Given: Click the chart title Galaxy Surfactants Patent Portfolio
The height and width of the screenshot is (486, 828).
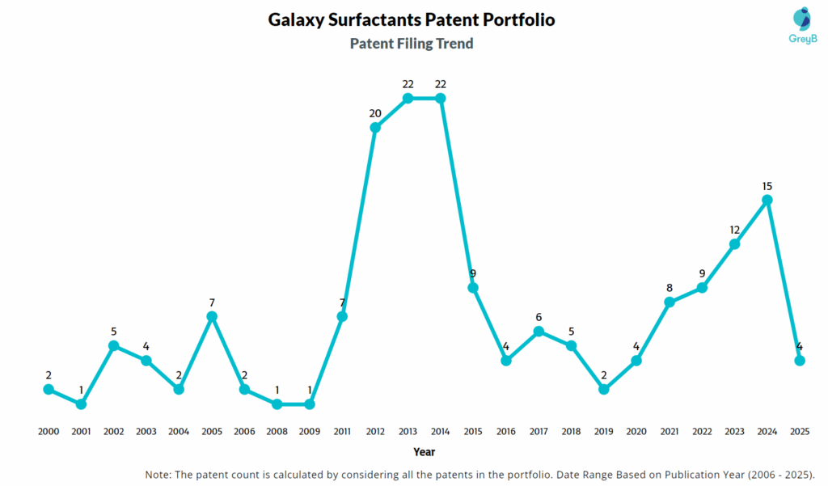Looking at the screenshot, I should [412, 19].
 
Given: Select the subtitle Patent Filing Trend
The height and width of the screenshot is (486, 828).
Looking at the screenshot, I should [412, 44].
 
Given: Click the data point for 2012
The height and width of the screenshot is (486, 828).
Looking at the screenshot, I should [375, 128].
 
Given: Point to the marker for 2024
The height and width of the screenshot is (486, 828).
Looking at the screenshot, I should [767, 200].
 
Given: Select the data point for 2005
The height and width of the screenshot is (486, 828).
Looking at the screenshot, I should [212, 316].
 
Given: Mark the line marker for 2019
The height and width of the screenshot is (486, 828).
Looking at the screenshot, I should [604, 389].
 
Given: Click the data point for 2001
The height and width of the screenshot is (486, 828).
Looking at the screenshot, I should [81, 404].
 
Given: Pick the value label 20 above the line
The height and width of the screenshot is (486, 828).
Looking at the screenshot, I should [375, 113].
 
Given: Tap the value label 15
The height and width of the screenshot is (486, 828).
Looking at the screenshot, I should [767, 186].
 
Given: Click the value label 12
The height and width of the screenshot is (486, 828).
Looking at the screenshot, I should [734, 229].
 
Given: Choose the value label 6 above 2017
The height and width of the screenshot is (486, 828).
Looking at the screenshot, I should [539, 317].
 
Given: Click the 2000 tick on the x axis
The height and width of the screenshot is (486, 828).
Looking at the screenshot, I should [49, 432].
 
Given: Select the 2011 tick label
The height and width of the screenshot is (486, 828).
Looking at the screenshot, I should [342, 432].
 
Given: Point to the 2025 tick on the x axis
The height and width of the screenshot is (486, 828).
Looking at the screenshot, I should [800, 432].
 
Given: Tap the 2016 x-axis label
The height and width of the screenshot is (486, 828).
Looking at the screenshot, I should [505, 432].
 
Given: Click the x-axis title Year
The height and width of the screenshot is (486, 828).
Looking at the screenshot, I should [424, 452].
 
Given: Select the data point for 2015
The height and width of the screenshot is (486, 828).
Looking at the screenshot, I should [473, 288].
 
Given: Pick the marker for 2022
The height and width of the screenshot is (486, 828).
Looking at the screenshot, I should [702, 287].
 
